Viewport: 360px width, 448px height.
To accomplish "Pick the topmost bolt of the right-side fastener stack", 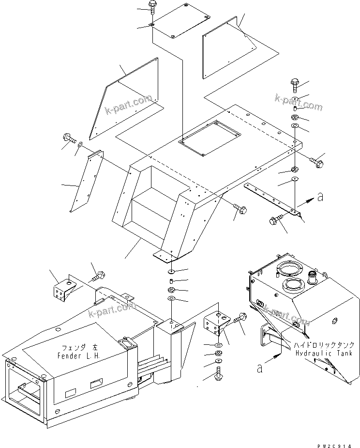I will [x=296, y=86].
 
